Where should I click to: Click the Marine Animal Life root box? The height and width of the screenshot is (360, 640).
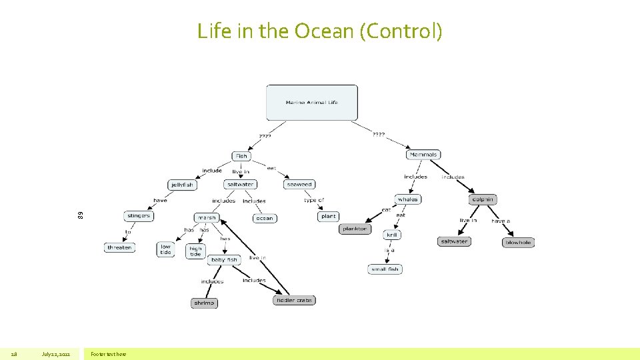point(311,103)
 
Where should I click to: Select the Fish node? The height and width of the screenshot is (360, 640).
point(241,156)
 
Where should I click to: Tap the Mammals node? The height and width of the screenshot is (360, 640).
point(423,155)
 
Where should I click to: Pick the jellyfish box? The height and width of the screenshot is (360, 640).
point(182,185)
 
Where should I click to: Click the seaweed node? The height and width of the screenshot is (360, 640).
point(299,184)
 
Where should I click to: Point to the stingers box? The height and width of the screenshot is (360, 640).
point(139,216)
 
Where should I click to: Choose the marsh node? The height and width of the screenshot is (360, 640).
point(207,218)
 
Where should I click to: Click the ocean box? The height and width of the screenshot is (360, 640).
point(265,218)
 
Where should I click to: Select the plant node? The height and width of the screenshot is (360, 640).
point(329,216)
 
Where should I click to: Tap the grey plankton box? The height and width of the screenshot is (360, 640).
point(354,229)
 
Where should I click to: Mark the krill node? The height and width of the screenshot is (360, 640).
point(392,235)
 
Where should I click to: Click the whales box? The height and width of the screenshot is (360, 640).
point(407,199)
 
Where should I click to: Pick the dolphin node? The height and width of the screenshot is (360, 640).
point(483,199)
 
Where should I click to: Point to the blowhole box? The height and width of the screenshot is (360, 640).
point(518,243)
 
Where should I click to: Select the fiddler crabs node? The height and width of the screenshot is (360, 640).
point(294,301)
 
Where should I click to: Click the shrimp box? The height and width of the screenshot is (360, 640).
point(204,303)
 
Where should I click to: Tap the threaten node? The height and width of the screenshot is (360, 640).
point(119,247)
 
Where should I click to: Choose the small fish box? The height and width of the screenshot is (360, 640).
point(385,269)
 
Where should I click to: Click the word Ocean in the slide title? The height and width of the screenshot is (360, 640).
point(315,31)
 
